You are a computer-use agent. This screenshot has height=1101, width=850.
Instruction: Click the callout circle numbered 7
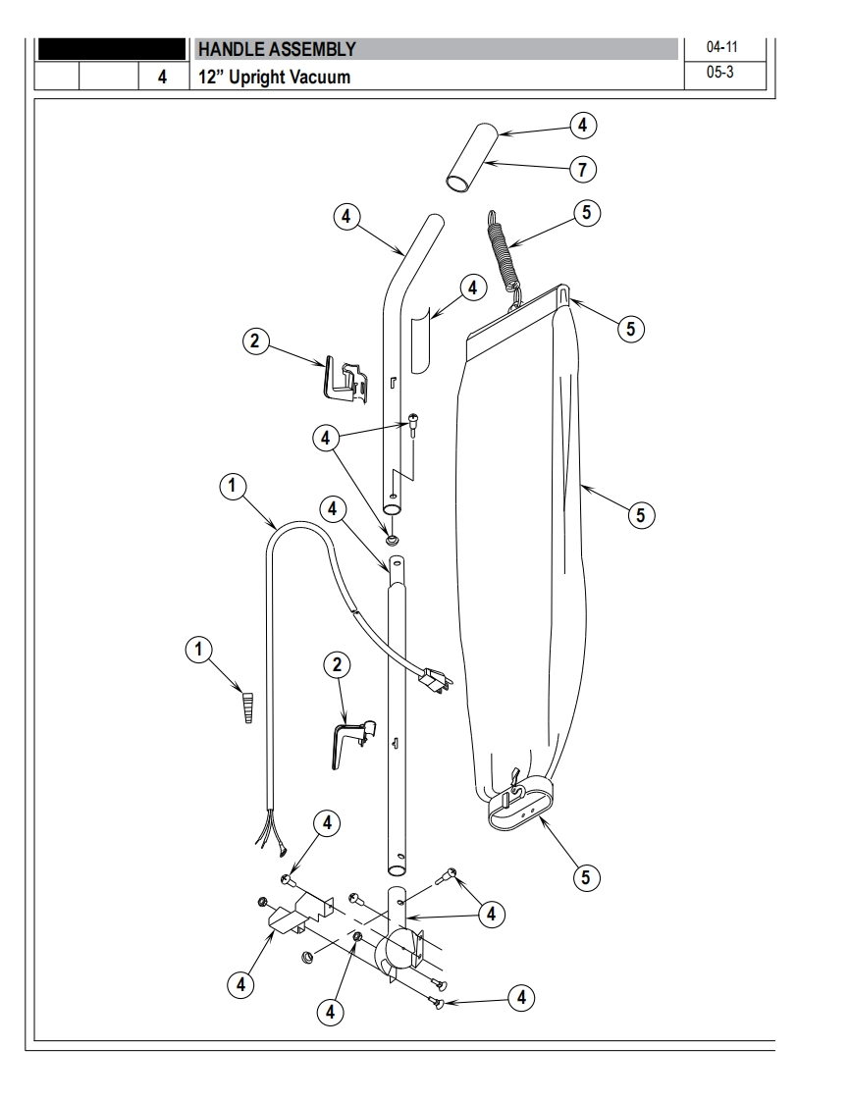pos(582,170)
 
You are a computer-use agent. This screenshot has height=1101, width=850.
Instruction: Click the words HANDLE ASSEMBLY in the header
pos(277,49)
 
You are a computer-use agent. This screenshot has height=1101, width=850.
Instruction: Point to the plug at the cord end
pos(437,679)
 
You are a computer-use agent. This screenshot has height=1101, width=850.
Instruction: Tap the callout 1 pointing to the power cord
pos(233,487)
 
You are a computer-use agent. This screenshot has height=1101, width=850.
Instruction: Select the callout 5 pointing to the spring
pos(587,212)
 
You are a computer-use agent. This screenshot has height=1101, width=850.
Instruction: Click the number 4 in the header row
pos(162,77)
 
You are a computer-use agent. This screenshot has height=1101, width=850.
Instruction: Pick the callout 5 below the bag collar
pos(586,877)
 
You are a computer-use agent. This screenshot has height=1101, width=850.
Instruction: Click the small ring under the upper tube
pos(392,539)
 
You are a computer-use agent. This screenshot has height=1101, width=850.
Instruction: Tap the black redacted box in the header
pos(111,49)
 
